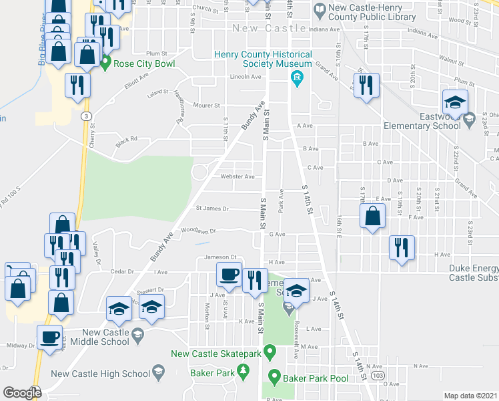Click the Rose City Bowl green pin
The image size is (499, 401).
pyautogui.click(x=105, y=63)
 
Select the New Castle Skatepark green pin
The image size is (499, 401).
pyautogui.click(x=270, y=351)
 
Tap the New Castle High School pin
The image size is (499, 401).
pyautogui.click(x=159, y=372)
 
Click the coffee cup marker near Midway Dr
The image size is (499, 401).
pyautogui.click(x=49, y=336)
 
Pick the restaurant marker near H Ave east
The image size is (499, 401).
pyautogui.click(x=402, y=247)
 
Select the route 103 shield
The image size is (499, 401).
pyautogui.click(x=379, y=377)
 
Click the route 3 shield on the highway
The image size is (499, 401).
pyautogui.click(x=87, y=116)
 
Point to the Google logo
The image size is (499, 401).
pyautogui.click(x=23, y=393)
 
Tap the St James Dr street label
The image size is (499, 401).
pyautogui.click(x=211, y=209)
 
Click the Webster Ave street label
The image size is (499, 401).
pyautogui.click(x=238, y=176)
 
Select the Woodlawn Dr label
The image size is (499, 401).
pyautogui.click(x=199, y=230)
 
